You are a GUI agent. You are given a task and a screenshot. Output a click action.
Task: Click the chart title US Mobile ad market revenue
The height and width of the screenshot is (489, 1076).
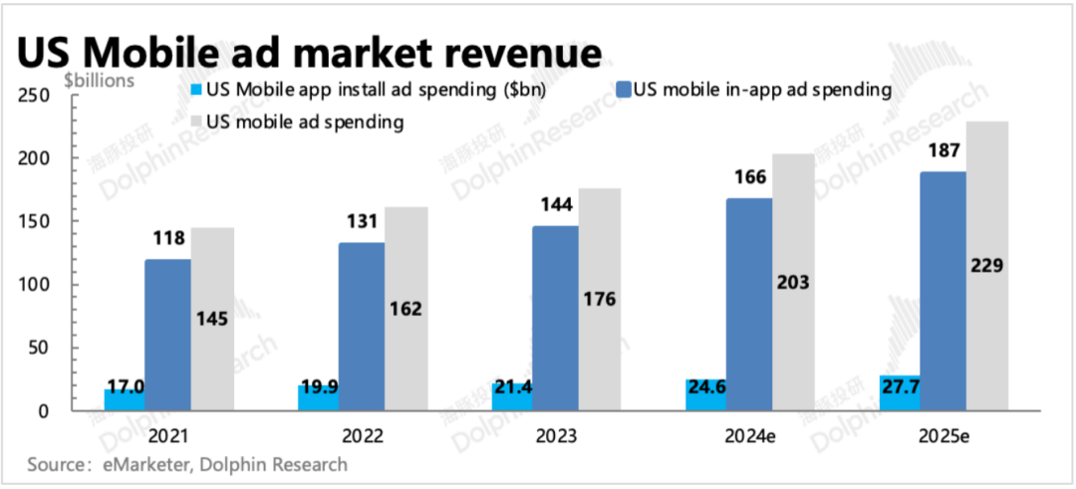tap(310, 51)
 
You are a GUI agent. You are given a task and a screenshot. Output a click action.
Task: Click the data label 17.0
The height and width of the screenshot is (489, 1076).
tap(125, 385)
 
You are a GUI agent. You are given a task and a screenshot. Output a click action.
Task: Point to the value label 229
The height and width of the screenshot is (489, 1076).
tap(986, 265)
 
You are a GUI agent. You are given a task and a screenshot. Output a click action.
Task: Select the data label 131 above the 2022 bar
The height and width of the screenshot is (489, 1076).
tap(361, 223)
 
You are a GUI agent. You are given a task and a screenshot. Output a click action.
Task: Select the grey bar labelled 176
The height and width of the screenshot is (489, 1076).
tap(599, 299)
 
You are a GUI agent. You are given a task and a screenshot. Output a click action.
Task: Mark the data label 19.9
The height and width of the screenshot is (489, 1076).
tap(319, 385)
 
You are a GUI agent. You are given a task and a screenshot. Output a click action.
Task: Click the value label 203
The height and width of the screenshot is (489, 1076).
tap(793, 282)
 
